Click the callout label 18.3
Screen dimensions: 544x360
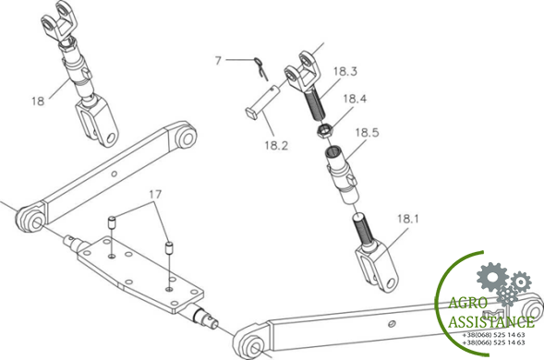tap(345, 71)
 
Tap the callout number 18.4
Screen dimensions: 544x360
tap(355, 99)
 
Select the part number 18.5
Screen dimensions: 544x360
tap(367, 132)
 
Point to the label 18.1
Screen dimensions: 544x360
tap(407, 219)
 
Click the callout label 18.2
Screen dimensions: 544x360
tap(276, 145)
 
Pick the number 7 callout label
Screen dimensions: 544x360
tap(218, 61)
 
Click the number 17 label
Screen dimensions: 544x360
tap(155, 194)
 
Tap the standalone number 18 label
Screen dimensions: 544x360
tap(38, 101)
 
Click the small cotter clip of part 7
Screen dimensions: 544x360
tap(260, 68)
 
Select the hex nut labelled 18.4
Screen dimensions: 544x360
tap(325, 131)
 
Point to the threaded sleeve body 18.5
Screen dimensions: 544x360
tap(341, 174)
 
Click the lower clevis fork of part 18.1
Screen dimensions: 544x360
tap(377, 268)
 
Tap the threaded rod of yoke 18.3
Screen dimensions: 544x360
tap(315, 103)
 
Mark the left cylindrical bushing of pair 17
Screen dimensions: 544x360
tap(112, 222)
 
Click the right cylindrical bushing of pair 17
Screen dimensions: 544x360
tap(169, 248)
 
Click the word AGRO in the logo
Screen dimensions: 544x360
tap(468, 303)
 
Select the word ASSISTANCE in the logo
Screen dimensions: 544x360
tap(491, 322)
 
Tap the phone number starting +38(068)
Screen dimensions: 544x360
tap(493, 335)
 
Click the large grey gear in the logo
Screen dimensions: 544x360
tap(492, 277)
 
